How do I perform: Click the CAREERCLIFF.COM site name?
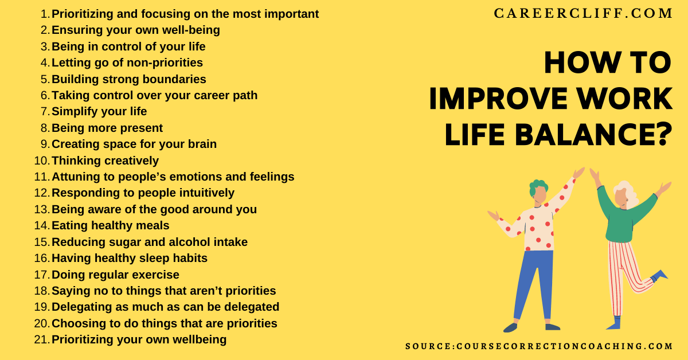click(x=583, y=14)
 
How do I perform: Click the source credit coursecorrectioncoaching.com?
click(x=539, y=346)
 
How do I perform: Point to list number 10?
click(x=42, y=161)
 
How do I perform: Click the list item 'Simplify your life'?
click(x=99, y=111)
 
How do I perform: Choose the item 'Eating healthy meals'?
click(x=110, y=225)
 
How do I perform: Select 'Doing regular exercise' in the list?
click(x=115, y=275)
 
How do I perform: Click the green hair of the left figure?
click(x=537, y=186)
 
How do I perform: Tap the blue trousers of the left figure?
click(x=531, y=281)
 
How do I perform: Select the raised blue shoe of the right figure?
click(x=659, y=276)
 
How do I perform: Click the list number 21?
click(x=42, y=339)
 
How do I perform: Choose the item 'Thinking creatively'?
click(x=105, y=161)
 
